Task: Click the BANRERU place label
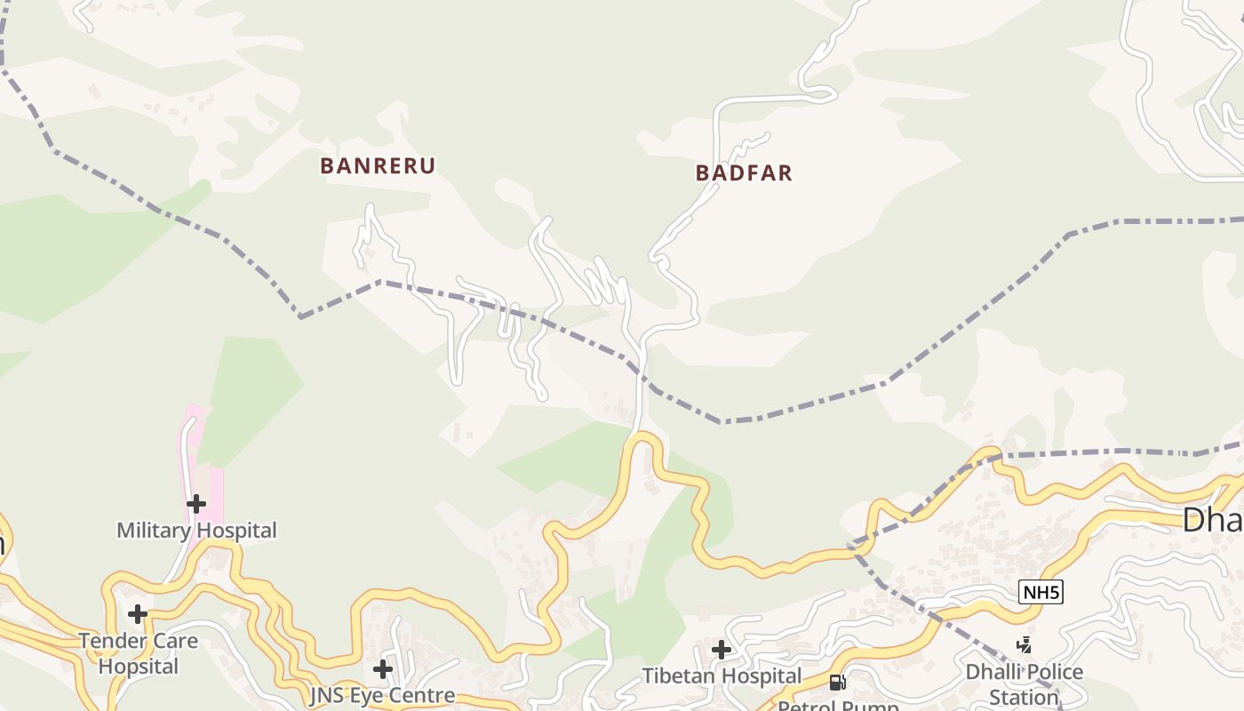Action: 378,166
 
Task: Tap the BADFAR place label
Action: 744,172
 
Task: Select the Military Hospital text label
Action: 196,531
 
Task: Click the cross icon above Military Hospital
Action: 195,504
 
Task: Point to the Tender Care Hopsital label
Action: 139,653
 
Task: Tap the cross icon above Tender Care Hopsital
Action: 138,614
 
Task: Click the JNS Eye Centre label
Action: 382,695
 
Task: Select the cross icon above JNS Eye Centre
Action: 383,668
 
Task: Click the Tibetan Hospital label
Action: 722,676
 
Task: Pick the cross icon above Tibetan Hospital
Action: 722,650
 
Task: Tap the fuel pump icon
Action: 837,683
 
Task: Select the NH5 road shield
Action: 1041,592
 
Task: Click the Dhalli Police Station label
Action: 1025,683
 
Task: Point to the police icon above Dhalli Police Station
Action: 1025,645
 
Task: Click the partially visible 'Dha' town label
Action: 1212,520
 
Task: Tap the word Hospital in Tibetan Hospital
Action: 760,676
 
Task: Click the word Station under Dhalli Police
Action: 1025,697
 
